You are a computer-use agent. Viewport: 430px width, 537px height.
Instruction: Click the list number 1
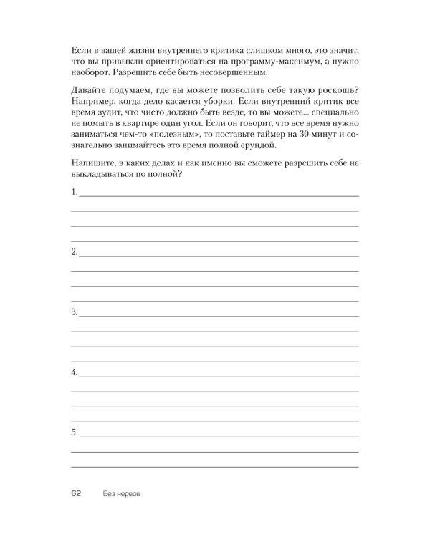74,193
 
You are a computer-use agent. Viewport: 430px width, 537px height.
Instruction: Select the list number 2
74,253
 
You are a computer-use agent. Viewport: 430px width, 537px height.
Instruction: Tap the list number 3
74,313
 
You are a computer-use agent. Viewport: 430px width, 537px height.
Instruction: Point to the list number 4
74,373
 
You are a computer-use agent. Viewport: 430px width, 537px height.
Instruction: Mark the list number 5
74,433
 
